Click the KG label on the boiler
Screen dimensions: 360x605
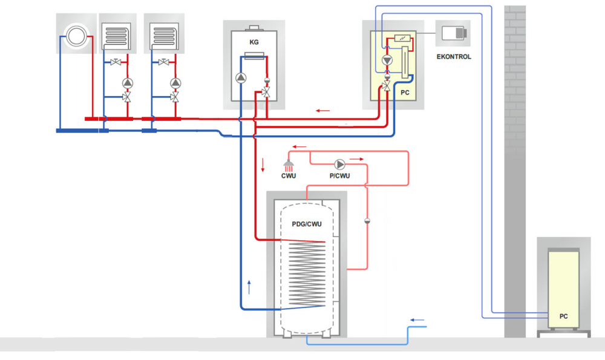coord(254,42)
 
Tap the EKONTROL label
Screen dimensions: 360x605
coord(453,57)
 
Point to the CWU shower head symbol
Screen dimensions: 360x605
coord(289,165)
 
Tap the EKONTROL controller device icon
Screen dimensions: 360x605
coord(453,33)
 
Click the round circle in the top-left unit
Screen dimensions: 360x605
coord(76,35)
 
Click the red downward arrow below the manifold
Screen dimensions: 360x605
coord(263,165)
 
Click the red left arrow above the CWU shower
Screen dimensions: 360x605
coord(298,147)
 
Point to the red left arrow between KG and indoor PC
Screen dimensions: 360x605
coord(323,111)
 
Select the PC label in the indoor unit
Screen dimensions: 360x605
coord(405,93)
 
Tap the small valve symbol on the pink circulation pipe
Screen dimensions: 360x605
coord(367,220)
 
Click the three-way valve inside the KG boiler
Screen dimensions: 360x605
coord(266,93)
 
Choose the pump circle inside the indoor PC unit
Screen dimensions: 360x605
coord(387,61)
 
